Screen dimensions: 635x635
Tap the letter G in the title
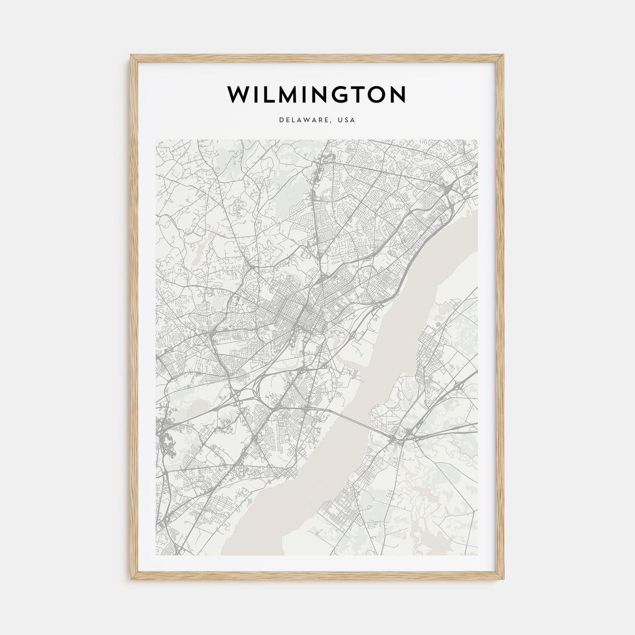tap(336, 94)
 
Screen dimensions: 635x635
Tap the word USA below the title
tap(347, 120)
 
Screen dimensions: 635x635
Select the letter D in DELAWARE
tap(282, 120)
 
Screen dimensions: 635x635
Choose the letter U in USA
tap(340, 120)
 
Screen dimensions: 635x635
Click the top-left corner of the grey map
tap(156, 140)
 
